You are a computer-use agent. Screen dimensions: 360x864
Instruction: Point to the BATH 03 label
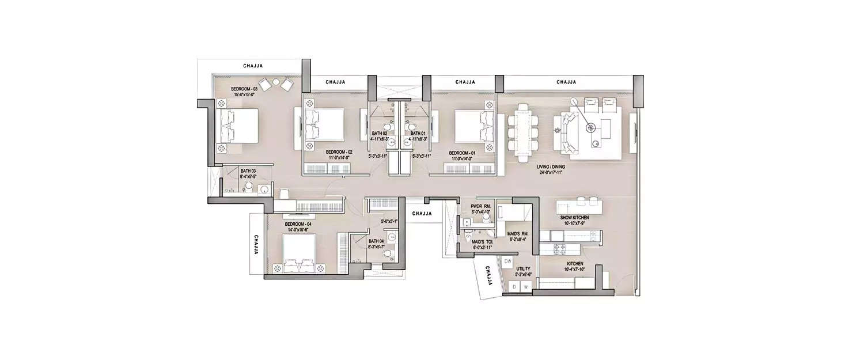tap(248, 171)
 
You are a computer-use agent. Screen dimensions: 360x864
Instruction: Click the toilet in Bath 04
tap(387, 253)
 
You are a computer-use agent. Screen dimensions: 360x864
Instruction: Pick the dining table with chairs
tap(522, 132)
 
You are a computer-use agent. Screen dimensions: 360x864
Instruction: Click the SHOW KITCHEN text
tap(573, 218)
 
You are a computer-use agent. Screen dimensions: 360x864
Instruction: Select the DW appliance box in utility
tap(507, 262)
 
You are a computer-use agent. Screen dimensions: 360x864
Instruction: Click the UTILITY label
tap(523, 268)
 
